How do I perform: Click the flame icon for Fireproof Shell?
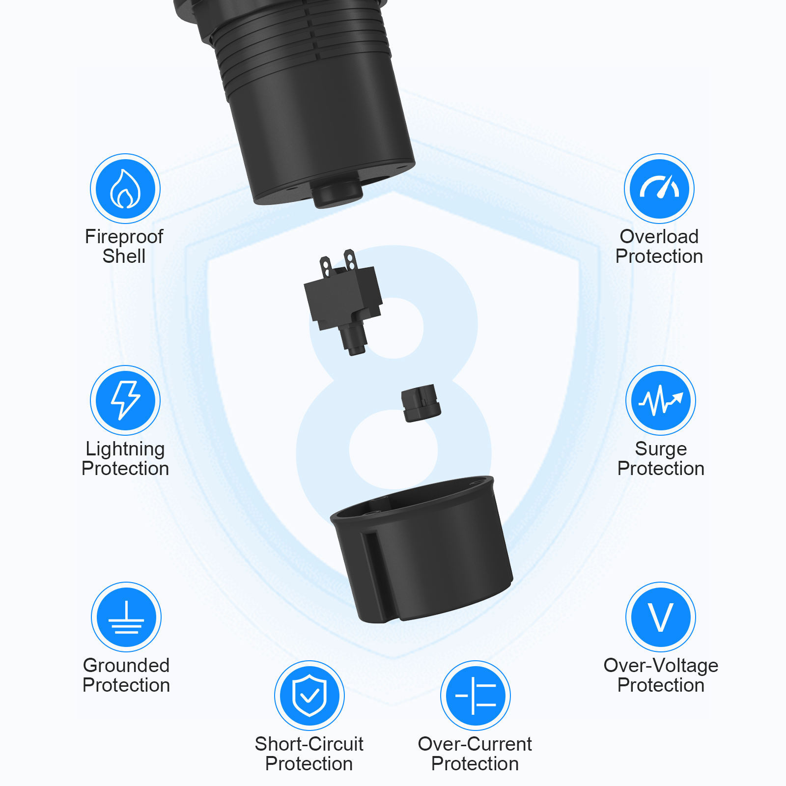(125, 189)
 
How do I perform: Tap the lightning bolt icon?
(125, 400)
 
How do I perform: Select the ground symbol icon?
(126, 617)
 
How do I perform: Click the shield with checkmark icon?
(309, 696)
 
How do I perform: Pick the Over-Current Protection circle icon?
(476, 696)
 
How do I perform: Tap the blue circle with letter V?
(661, 617)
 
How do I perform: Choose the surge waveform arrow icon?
(661, 400)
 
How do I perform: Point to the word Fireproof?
(124, 237)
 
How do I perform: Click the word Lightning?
(125, 449)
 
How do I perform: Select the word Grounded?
(126, 665)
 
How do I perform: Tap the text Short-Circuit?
(309, 744)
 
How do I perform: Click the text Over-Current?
(475, 744)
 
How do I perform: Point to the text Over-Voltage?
(661, 666)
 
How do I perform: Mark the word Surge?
(661, 449)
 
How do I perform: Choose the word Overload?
(659, 236)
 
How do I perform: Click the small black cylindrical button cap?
(421, 403)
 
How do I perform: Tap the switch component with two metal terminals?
(343, 301)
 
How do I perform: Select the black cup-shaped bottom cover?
(421, 549)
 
